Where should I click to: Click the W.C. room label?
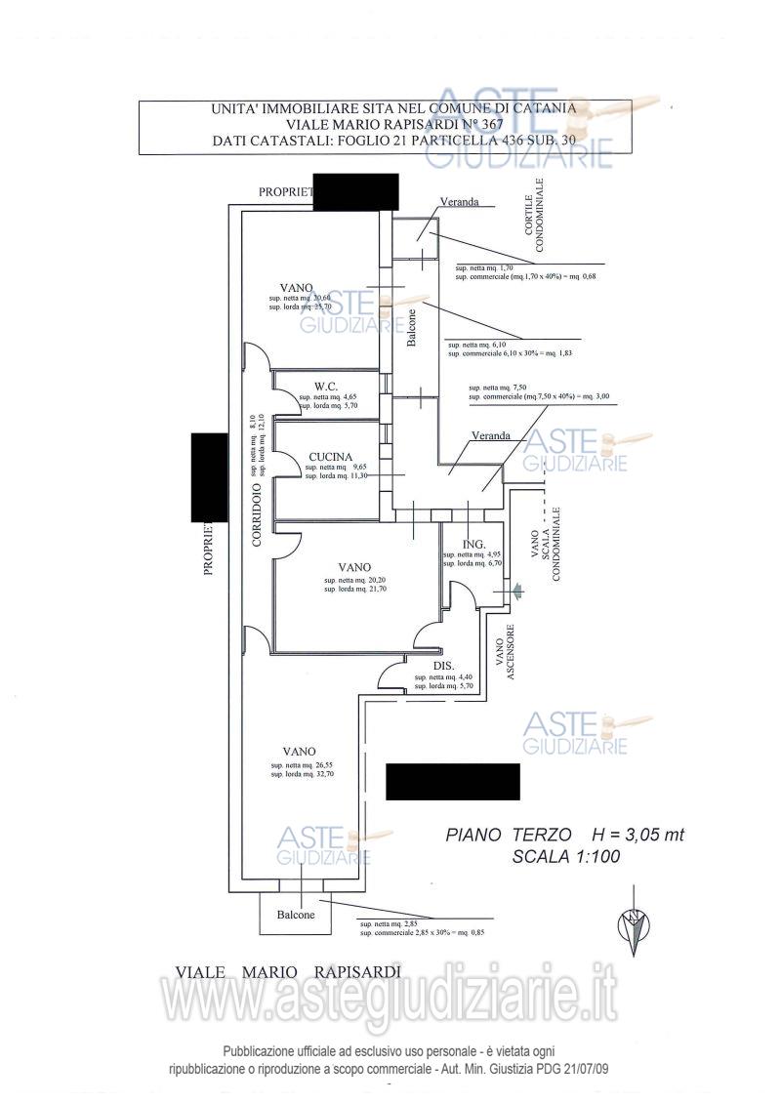tap(326, 386)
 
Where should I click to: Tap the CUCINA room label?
tap(330, 456)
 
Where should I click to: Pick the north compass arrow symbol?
tap(636, 927)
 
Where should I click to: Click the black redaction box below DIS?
tap(453, 781)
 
